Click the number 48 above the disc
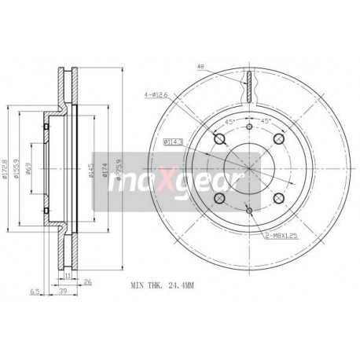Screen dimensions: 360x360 (201, 66)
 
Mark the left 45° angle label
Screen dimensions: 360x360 (229, 121)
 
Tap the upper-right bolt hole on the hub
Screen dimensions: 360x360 (277, 139)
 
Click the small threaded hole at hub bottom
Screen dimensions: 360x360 (248, 209)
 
